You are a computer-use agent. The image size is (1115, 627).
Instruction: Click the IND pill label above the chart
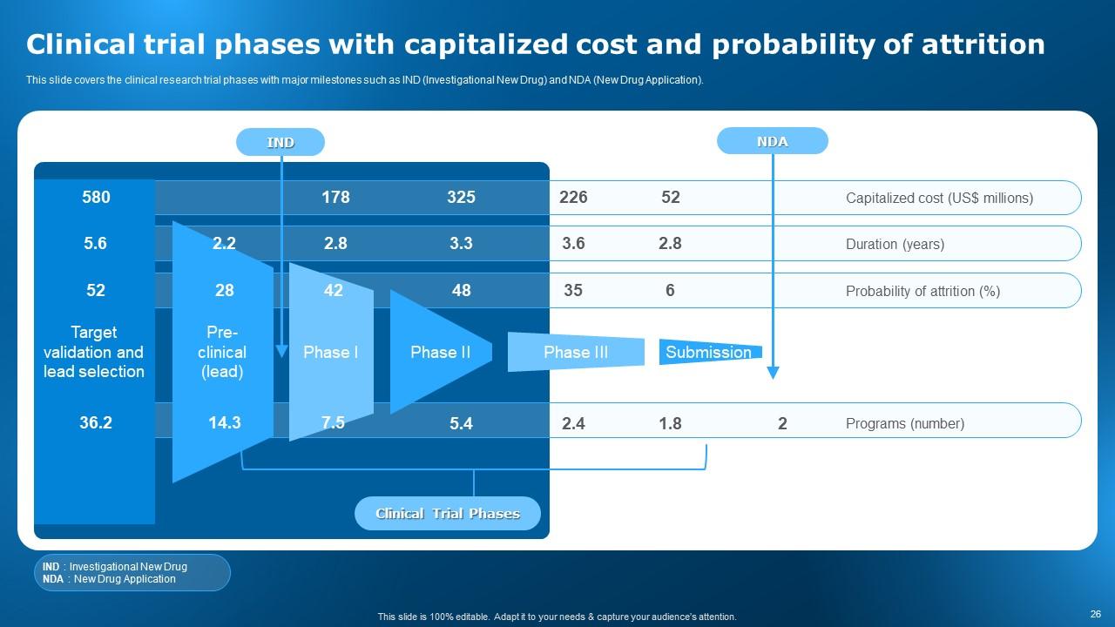pos(280,142)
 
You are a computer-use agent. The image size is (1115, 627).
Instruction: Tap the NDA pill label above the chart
pos(772,141)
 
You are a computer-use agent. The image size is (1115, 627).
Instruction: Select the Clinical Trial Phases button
pos(447,514)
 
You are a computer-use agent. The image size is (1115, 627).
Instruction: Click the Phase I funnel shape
pos(331,352)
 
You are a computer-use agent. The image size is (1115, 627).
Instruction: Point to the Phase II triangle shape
pos(440,352)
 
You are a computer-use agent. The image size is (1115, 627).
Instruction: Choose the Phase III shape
pos(576,352)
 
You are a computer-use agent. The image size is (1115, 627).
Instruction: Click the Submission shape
pos(709,352)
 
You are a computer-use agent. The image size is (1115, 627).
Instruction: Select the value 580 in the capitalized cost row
pos(96,198)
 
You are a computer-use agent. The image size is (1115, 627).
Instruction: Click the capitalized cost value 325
pos(461,198)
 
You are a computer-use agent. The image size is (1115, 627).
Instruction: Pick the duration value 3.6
pos(573,244)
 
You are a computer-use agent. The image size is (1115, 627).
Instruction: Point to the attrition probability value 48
pos(461,291)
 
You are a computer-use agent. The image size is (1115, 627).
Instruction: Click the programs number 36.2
pos(96,423)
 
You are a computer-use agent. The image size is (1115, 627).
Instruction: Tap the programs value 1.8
pos(670,424)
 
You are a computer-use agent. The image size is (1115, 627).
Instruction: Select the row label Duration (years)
pos(895,245)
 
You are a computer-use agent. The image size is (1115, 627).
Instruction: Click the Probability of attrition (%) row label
pos(922,292)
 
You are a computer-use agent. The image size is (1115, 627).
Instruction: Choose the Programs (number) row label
pos(904,424)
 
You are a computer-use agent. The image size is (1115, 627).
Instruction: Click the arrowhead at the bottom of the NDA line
pos(773,373)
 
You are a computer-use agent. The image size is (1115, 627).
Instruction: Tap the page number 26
pos(1095,613)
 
